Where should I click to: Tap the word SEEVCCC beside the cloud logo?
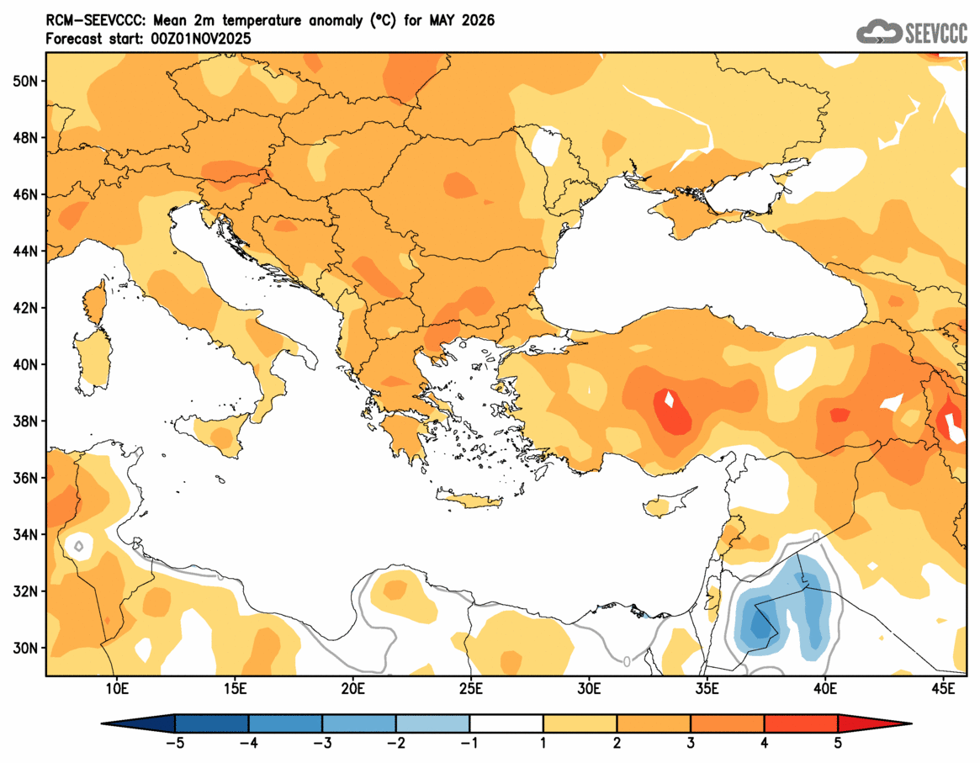tap(936, 33)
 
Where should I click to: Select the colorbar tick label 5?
tap(838, 743)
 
